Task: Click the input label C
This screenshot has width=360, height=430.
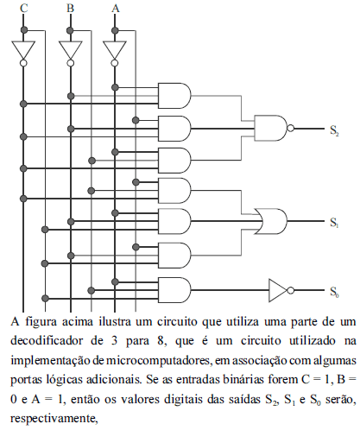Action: [x=24, y=8]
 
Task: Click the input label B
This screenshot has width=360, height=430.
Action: [x=71, y=8]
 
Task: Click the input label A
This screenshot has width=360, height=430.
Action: [x=116, y=8]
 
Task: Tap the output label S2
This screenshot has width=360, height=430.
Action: [x=334, y=130]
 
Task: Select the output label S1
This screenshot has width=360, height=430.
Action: [x=334, y=223]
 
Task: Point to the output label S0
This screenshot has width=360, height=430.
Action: [x=334, y=292]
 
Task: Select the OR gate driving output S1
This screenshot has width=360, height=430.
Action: [x=271, y=221]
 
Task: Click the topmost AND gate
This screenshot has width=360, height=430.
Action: [x=174, y=96]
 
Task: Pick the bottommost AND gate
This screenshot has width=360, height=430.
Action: [x=174, y=290]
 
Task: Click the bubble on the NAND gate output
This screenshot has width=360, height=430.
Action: [x=291, y=128]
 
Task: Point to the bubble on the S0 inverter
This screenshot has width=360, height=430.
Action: [x=291, y=290]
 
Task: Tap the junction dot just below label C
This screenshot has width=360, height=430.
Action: [x=24, y=29]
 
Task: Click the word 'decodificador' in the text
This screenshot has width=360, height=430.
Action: [x=47, y=341]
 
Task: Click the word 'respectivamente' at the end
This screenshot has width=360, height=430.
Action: [x=54, y=419]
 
